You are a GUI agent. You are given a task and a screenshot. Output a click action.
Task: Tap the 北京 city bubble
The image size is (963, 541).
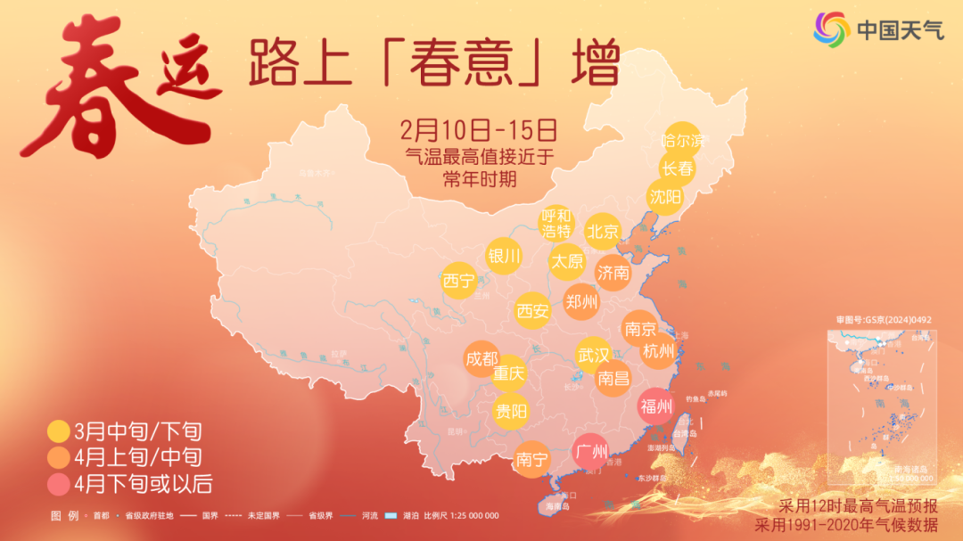point(603,232)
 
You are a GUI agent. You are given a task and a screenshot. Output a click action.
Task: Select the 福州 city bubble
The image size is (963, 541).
point(656,406)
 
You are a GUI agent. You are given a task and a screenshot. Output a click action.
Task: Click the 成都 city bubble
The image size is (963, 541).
point(481,358)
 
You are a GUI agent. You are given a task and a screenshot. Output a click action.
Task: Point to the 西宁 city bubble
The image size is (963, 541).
point(458,282)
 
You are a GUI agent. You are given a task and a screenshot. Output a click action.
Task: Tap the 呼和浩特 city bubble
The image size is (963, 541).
point(556,224)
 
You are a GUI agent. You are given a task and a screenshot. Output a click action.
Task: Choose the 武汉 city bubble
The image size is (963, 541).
point(593,353)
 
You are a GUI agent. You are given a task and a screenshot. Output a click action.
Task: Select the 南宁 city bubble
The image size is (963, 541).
point(532,460)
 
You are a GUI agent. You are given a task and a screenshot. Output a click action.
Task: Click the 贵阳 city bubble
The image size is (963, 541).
point(510,411)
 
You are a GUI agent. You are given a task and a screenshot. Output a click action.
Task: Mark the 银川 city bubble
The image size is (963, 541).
point(503,257)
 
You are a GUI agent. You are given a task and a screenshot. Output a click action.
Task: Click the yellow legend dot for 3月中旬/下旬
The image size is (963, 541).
point(59,432)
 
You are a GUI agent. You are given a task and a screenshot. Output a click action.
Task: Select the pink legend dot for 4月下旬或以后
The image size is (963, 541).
point(59,485)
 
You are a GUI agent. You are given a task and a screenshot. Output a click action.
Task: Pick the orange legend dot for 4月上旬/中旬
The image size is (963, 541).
point(59,458)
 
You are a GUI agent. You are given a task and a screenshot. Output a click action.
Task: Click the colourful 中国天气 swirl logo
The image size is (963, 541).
point(830,30)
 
